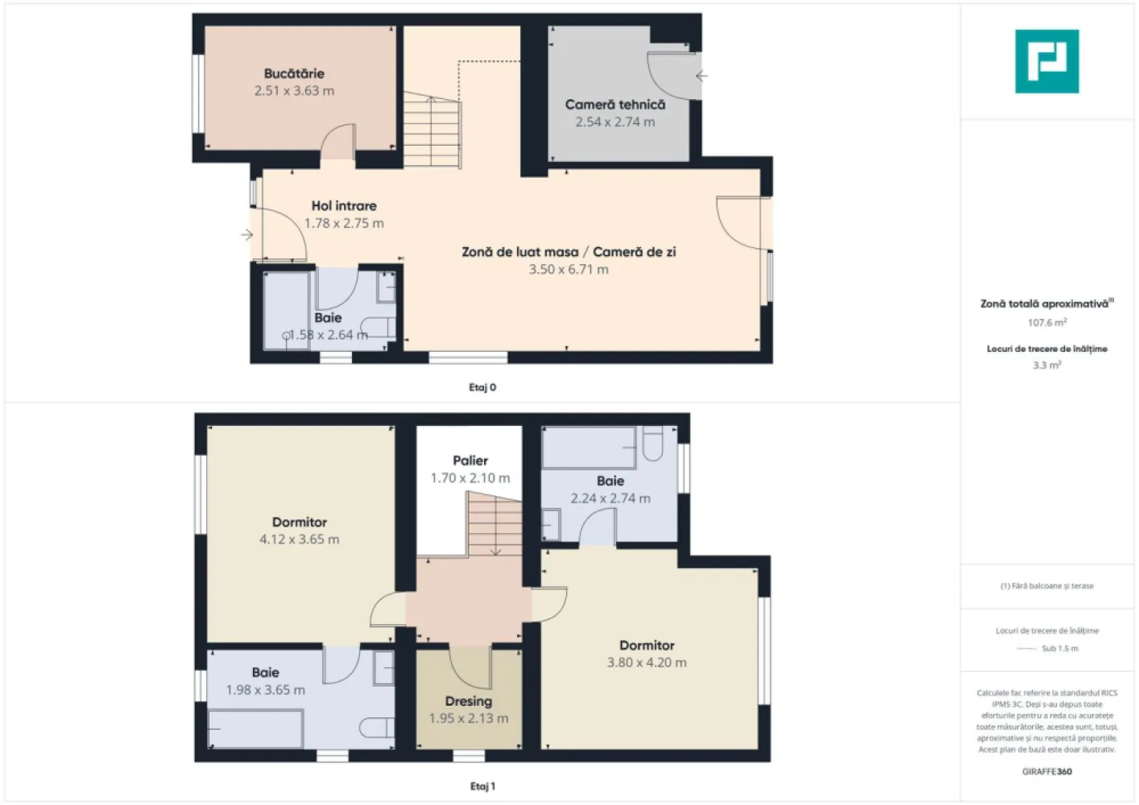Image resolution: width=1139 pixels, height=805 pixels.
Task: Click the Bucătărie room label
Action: click(x=294, y=73)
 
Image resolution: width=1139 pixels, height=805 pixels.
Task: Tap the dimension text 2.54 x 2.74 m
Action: click(x=615, y=122)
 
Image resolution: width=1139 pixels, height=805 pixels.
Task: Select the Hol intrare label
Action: click(x=344, y=206)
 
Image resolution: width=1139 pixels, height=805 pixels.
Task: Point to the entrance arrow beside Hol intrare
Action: click(x=247, y=235)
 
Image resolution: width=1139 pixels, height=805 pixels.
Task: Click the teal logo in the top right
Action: click(x=1046, y=61)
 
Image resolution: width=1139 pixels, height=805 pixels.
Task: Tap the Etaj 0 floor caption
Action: click(x=483, y=387)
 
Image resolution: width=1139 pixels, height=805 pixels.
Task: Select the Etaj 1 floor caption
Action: click(x=483, y=786)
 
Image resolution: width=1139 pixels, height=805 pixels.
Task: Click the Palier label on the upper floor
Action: click(x=470, y=460)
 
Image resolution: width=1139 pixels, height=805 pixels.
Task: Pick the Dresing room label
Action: click(x=468, y=701)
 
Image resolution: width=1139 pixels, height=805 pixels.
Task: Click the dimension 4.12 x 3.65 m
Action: click(x=299, y=539)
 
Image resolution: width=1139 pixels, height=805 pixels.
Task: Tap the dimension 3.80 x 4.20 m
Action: click(x=647, y=663)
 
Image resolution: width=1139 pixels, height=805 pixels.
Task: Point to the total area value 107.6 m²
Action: click(x=1046, y=323)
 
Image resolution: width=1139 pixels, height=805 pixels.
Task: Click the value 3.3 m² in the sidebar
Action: click(x=1046, y=365)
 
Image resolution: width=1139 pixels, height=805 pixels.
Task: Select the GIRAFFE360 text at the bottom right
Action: click(x=1046, y=771)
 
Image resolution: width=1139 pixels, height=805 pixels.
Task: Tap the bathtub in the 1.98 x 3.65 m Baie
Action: click(x=256, y=729)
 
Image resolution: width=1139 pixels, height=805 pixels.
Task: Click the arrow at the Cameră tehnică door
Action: click(x=702, y=76)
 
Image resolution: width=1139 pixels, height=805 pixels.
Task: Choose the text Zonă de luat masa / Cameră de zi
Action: click(x=569, y=252)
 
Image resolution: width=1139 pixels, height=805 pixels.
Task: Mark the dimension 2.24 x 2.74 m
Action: click(x=610, y=498)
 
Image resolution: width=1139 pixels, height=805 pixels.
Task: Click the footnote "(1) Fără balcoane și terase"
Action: click(x=1046, y=586)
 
